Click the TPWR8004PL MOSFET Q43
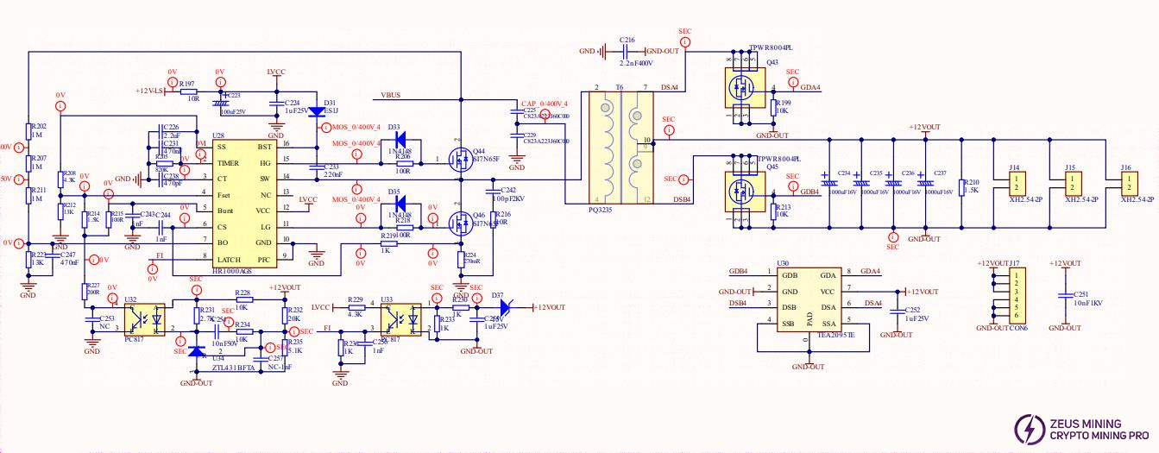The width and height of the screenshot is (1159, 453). pyautogui.click(x=741, y=86)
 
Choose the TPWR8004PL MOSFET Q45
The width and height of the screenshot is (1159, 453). pyautogui.click(x=741, y=191)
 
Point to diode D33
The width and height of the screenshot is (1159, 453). pyautogui.click(x=400, y=140)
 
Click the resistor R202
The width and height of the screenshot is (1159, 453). pyautogui.click(x=28, y=135)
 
